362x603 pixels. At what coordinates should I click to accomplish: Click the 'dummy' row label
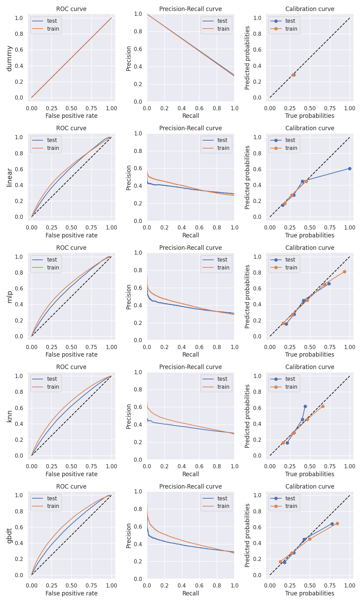pyautogui.click(x=9, y=58)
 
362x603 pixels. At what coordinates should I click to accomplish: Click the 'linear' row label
pyautogui.click(x=9, y=177)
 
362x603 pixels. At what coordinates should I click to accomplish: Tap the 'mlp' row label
pyautogui.click(x=9, y=297)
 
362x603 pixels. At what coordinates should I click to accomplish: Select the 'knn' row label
pyautogui.click(x=9, y=416)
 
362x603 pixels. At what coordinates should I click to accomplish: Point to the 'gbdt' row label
pyautogui.click(x=9, y=535)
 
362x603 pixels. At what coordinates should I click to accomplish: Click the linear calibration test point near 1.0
pyautogui.click(x=350, y=168)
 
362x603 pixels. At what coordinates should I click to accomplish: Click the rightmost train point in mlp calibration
pyautogui.click(x=344, y=272)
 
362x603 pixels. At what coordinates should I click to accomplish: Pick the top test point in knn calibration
pyautogui.click(x=305, y=406)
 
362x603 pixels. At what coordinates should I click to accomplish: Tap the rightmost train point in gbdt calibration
pyautogui.click(x=337, y=523)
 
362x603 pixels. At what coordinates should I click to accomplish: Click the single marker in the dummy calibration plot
pyautogui.click(x=293, y=75)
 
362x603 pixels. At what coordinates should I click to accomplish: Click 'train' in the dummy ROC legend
pyautogui.click(x=53, y=29)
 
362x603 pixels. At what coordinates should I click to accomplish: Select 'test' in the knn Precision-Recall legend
pyautogui.click(x=222, y=379)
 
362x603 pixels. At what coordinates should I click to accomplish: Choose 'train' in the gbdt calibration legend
pyautogui.click(x=291, y=506)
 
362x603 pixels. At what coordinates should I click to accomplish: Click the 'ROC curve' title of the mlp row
pyautogui.click(x=71, y=248)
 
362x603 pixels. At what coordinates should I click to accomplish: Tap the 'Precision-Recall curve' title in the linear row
pyautogui.click(x=191, y=128)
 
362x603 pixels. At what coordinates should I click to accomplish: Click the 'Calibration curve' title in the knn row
pyautogui.click(x=310, y=367)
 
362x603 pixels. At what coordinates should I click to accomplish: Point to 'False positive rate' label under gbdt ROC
pyautogui.click(x=71, y=593)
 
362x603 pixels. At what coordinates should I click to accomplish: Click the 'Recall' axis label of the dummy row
pyautogui.click(x=191, y=116)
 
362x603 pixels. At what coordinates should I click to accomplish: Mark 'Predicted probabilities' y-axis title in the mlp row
pyautogui.click(x=247, y=297)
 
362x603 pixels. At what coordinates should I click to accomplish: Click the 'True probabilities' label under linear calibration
pyautogui.click(x=310, y=235)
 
